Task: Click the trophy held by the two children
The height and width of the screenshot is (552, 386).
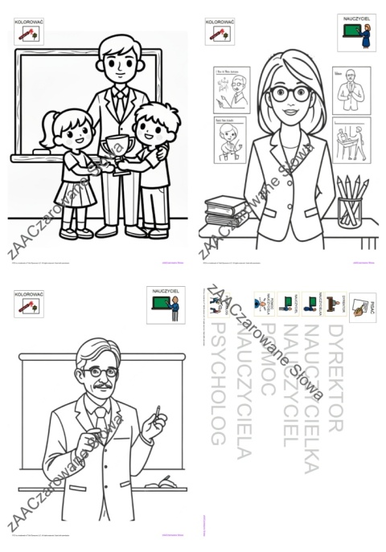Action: (x=117, y=153)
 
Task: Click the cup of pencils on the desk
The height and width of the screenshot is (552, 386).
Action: (x=351, y=202)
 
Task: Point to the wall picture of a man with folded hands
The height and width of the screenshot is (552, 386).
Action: (x=350, y=89)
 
